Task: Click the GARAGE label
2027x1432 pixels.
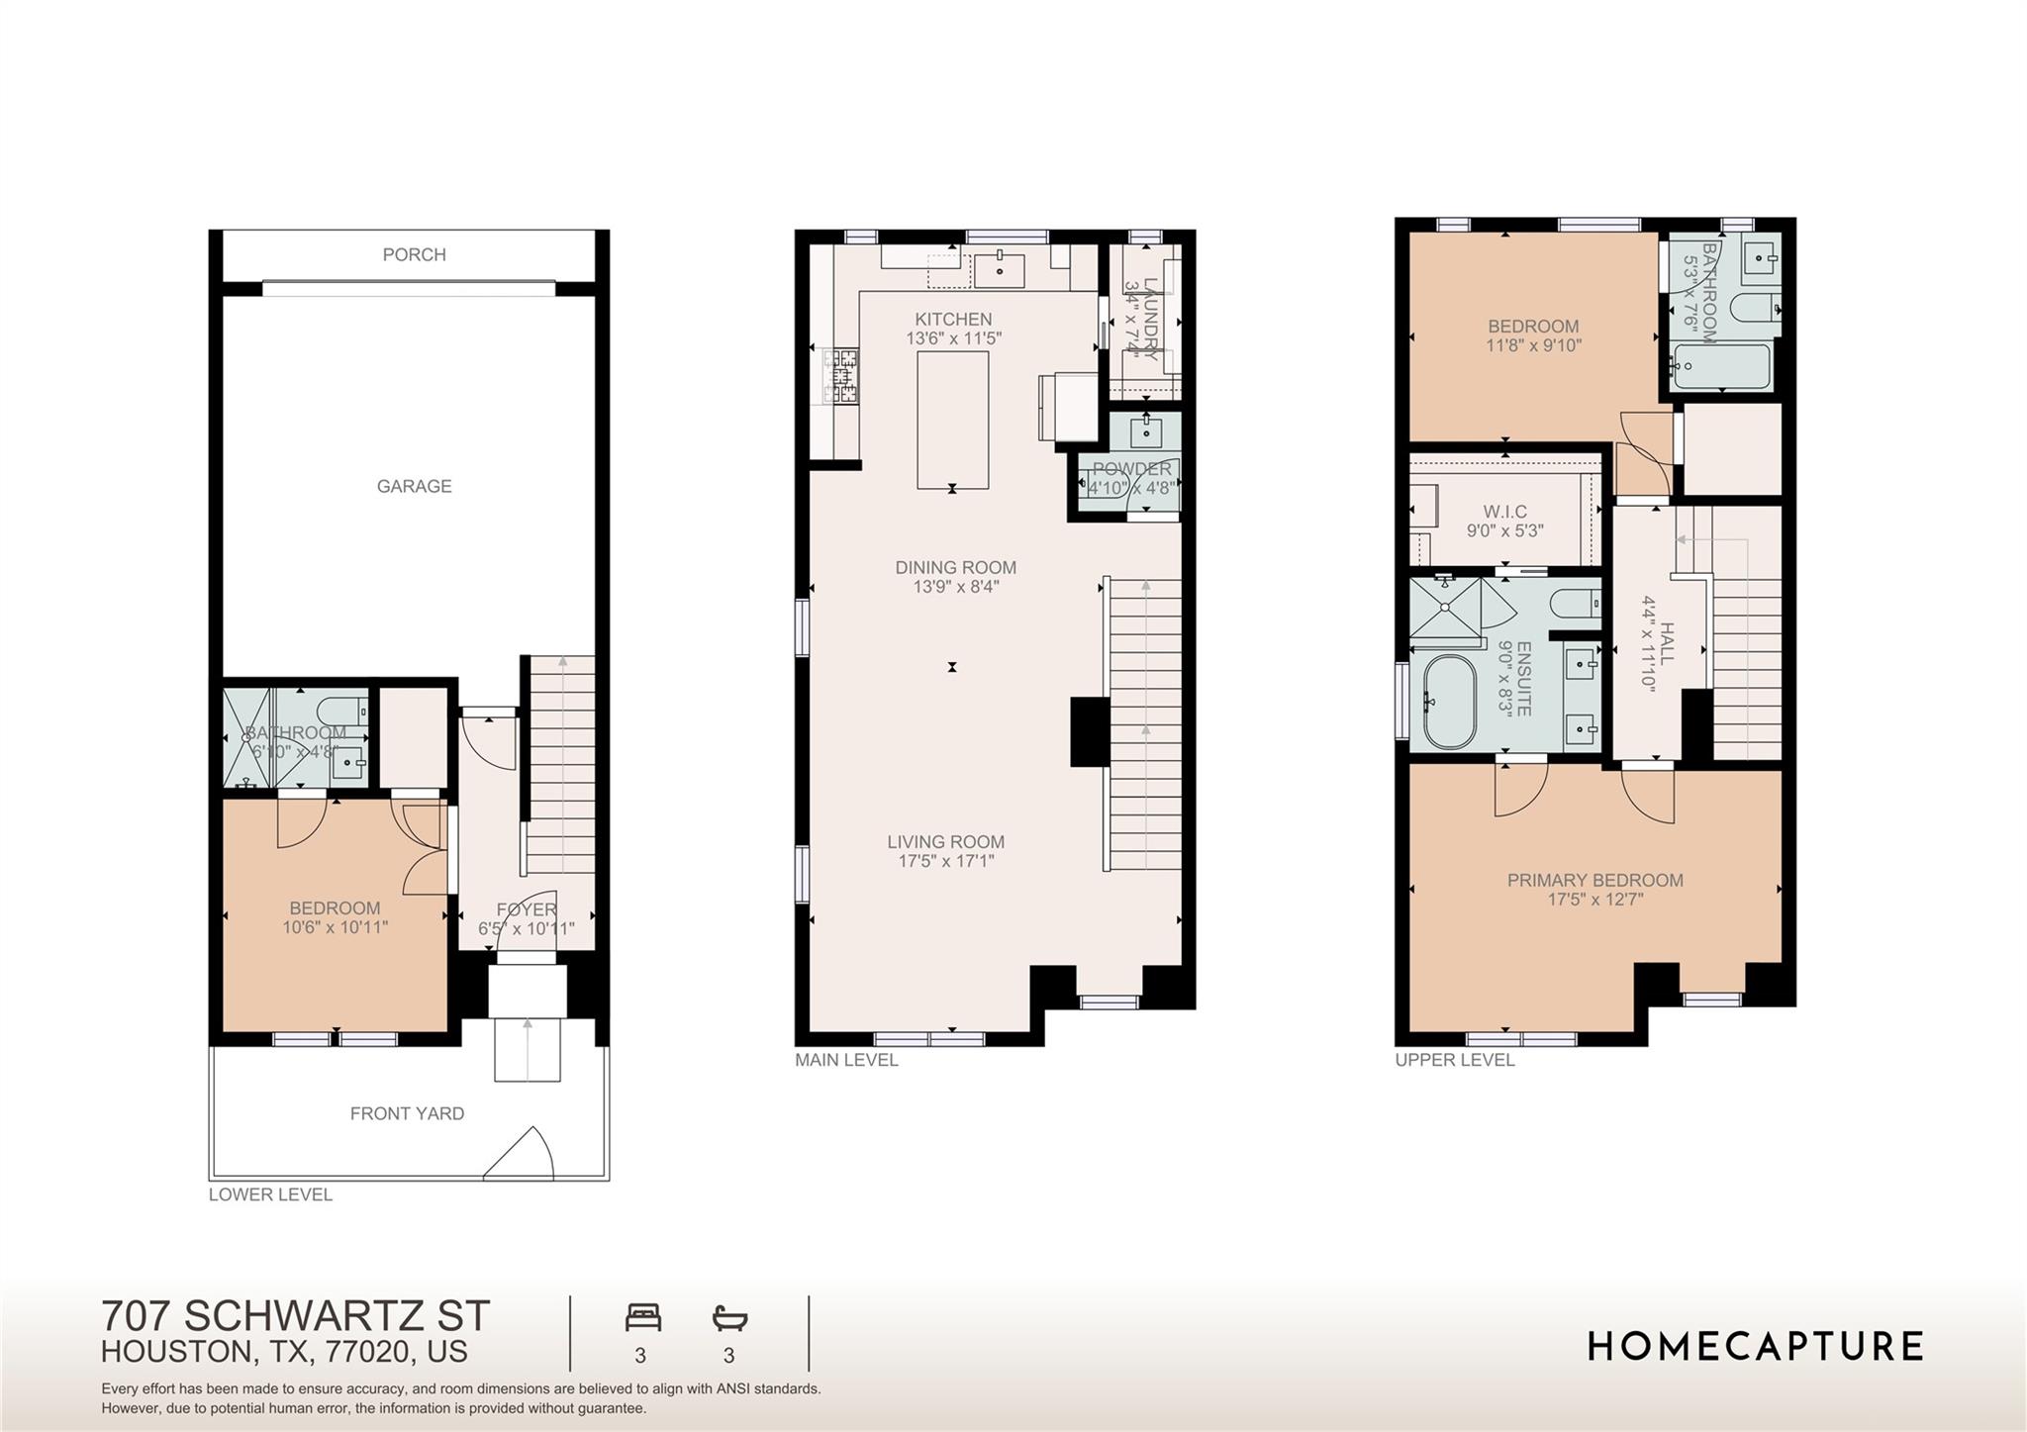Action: tap(414, 486)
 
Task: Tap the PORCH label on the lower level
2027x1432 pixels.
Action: tap(414, 254)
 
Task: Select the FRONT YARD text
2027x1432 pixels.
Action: tap(407, 1113)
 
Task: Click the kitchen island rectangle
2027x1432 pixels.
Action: tap(952, 420)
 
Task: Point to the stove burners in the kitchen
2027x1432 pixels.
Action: tap(843, 376)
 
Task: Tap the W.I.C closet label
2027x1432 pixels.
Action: tap(1504, 512)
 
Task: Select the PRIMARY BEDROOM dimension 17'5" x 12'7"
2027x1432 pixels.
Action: tap(1595, 900)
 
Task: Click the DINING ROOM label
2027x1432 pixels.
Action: tap(955, 567)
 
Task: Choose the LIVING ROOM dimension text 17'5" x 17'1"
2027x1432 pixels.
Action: tap(945, 861)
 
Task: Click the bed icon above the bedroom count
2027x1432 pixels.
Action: tap(642, 1317)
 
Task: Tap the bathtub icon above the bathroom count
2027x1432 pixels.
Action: tap(729, 1317)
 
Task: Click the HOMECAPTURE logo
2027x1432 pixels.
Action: tap(1755, 1347)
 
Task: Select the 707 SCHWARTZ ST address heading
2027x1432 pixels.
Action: tap(295, 1316)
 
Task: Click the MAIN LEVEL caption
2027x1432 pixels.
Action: tap(846, 1060)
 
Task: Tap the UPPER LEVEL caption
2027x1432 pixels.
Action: tap(1454, 1060)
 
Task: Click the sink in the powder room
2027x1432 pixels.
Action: tap(1146, 431)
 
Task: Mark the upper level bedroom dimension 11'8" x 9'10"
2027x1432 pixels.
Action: tap(1533, 345)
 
